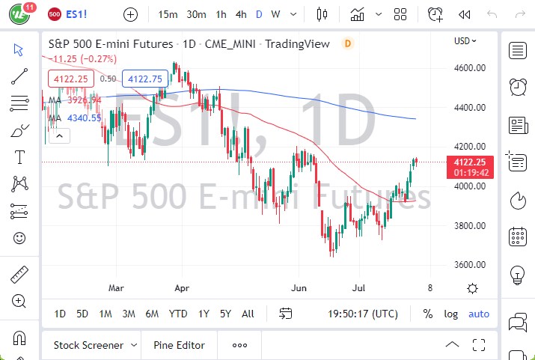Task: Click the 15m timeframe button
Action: pyautogui.click(x=168, y=14)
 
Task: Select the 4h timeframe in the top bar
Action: pyautogui.click(x=240, y=14)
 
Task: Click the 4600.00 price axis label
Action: pyautogui.click(x=472, y=68)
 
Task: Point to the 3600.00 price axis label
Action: pyautogui.click(x=472, y=265)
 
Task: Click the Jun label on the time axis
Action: pyautogui.click(x=299, y=287)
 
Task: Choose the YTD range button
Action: pyautogui.click(x=178, y=314)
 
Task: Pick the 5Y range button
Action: pyautogui.click(x=225, y=314)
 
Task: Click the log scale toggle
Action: pyautogui.click(x=450, y=314)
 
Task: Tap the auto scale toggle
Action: pyautogui.click(x=479, y=314)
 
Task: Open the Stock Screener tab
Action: pyautogui.click(x=88, y=345)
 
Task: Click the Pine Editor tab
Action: pyautogui.click(x=179, y=345)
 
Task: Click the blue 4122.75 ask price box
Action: pyautogui.click(x=146, y=78)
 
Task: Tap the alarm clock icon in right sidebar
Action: pyautogui.click(x=517, y=87)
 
